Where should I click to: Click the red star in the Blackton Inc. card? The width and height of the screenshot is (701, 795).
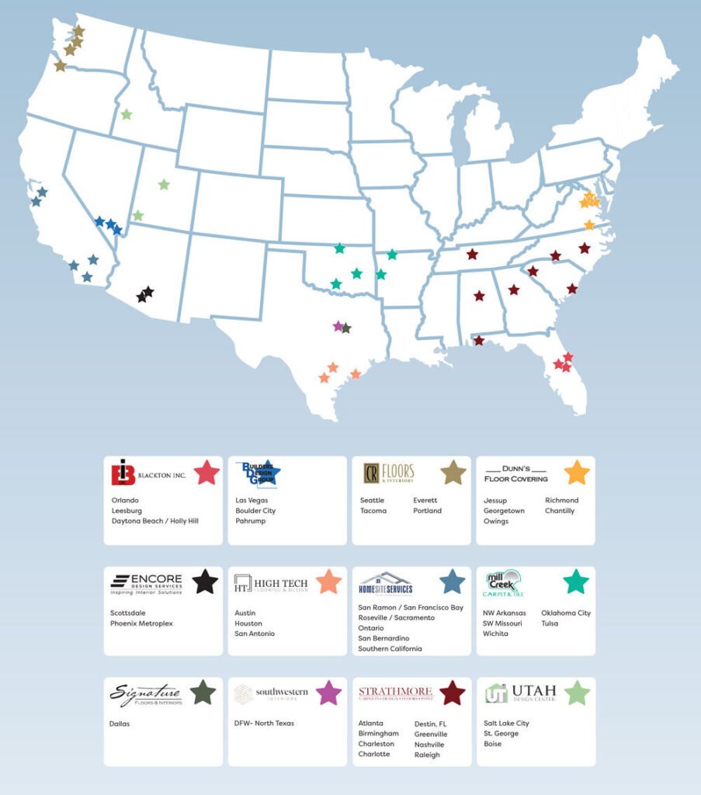[x=206, y=472]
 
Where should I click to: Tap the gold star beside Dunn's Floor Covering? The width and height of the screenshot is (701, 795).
[x=577, y=472]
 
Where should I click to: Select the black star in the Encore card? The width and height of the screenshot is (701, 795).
[x=205, y=581]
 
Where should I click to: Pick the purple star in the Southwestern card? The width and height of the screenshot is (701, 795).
[x=328, y=693]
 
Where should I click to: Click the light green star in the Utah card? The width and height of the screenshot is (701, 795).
[x=577, y=693]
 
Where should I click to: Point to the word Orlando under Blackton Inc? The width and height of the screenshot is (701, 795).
[x=125, y=501]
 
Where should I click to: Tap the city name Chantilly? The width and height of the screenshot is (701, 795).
[x=560, y=511]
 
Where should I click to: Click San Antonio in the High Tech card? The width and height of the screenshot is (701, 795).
[x=255, y=634]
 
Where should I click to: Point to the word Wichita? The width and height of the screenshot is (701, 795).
[x=496, y=634]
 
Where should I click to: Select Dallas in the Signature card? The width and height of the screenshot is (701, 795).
[x=120, y=724]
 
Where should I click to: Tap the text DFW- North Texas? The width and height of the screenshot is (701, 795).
[x=264, y=724]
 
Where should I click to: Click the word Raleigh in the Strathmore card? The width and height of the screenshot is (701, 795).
[x=427, y=755]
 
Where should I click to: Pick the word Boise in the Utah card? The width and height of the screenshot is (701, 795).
[x=492, y=744]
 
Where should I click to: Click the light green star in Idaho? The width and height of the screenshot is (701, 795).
[x=126, y=115]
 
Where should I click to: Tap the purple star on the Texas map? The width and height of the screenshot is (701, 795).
[x=338, y=326]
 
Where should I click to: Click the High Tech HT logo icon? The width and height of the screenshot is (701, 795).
[x=242, y=584]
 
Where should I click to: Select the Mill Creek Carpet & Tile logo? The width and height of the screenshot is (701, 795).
[x=503, y=584]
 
